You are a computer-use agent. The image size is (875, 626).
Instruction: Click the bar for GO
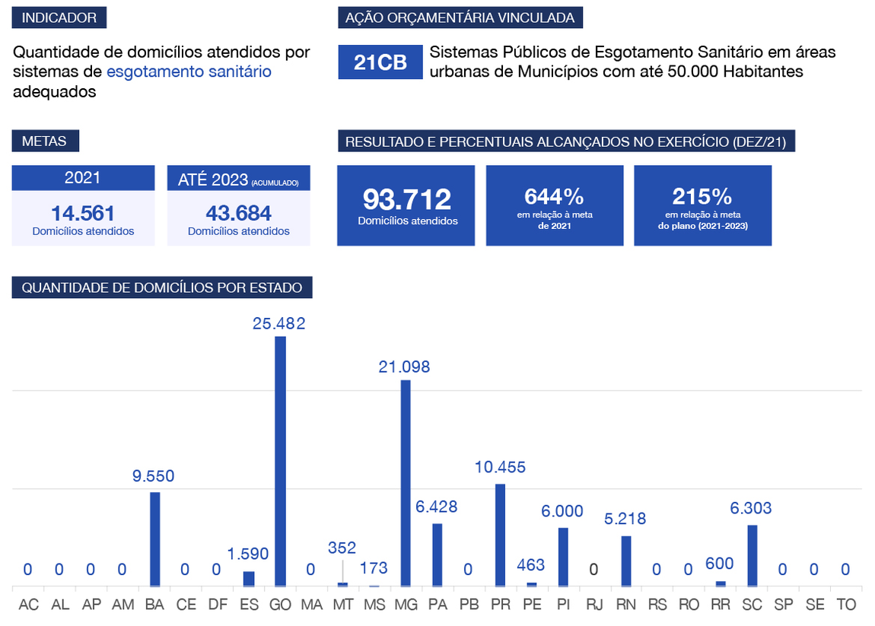pyautogui.click(x=280, y=461)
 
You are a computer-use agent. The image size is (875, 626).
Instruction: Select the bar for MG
pyautogui.click(x=406, y=483)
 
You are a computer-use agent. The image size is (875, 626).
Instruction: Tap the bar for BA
pyautogui.click(x=155, y=539)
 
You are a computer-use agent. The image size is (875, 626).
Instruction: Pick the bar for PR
pyautogui.click(x=500, y=535)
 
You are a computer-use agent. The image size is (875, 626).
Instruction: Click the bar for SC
pyautogui.click(x=752, y=555)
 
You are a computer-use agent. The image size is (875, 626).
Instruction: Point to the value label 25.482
pyautogui.click(x=279, y=323)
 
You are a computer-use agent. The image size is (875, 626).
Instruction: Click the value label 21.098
pyautogui.click(x=404, y=367)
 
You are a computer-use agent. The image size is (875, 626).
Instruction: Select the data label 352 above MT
pyautogui.click(x=342, y=548)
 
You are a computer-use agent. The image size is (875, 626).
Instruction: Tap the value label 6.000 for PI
pyautogui.click(x=562, y=512)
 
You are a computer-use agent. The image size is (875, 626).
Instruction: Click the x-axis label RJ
pyautogui.click(x=593, y=605)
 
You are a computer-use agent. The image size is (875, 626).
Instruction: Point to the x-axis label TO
pyautogui.click(x=845, y=605)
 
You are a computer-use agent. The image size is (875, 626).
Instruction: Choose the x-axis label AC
pyautogui.click(x=28, y=605)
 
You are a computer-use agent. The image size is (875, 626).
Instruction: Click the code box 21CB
pyautogui.click(x=380, y=62)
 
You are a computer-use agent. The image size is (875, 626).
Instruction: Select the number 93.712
pyautogui.click(x=407, y=199)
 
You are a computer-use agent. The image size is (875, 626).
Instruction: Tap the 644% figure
pyautogui.click(x=554, y=197)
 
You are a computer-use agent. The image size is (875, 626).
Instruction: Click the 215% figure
pyautogui.click(x=702, y=197)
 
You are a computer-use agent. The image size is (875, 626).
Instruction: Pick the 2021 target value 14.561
pyautogui.click(x=83, y=213)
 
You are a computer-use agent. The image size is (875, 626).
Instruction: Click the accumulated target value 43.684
pyautogui.click(x=239, y=213)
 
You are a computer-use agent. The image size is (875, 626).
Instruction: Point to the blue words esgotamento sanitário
pyautogui.click(x=189, y=72)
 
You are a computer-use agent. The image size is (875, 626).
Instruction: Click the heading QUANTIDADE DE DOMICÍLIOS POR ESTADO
pyautogui.click(x=162, y=288)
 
